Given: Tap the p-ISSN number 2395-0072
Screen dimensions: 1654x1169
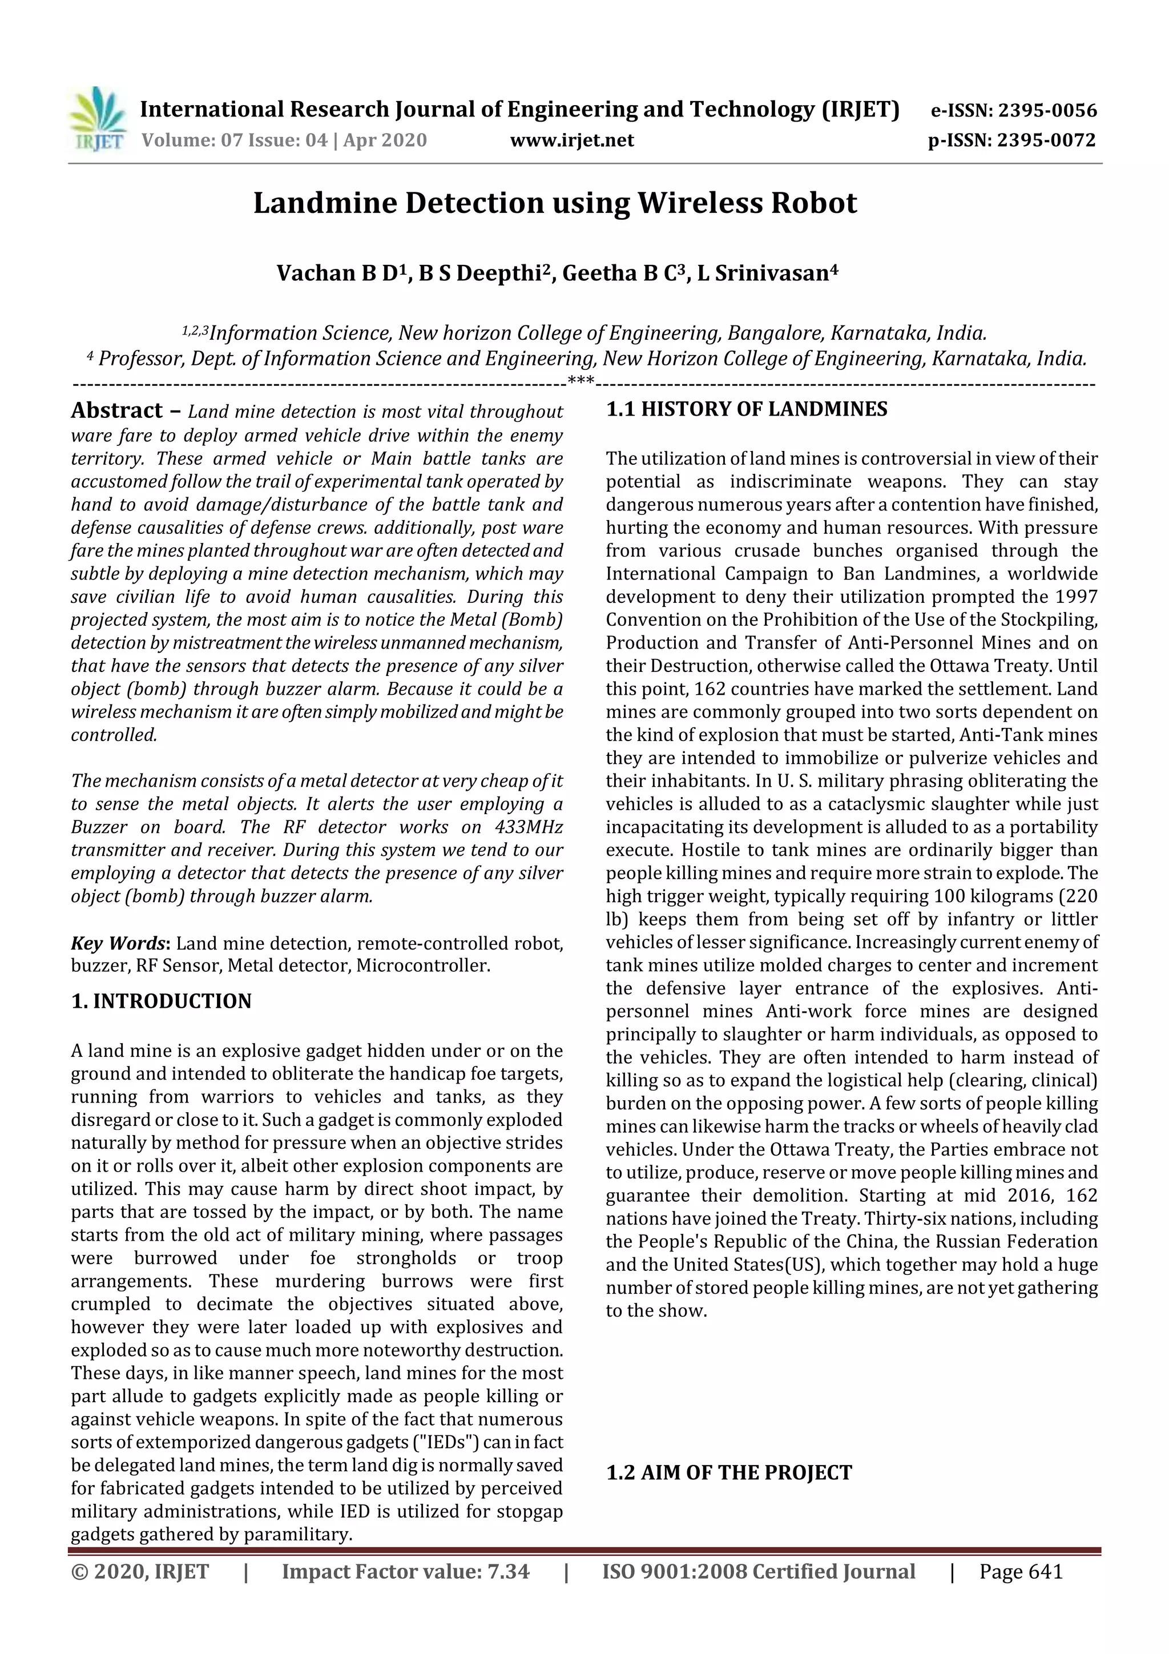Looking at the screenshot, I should [1046, 140].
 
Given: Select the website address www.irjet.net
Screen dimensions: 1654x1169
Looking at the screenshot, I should [572, 140].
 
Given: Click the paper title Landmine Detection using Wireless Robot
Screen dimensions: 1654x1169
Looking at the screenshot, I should [555, 203].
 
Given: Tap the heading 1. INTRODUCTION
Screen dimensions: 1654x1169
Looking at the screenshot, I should [162, 1001].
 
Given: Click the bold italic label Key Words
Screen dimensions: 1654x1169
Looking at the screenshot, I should [118, 944].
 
